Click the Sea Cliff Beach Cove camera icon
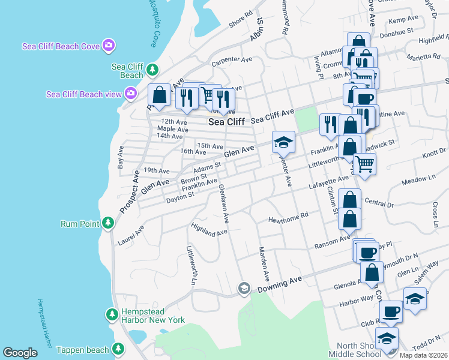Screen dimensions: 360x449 (109, 44)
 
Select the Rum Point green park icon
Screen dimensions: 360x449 (107, 223)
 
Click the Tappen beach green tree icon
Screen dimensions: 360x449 (118, 348)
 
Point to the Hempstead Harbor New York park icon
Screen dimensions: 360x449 (112, 314)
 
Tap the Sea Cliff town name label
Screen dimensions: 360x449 (226, 121)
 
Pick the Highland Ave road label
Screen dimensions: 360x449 (209, 229)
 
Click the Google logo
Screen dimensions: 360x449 (20, 353)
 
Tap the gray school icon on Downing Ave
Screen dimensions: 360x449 (244, 289)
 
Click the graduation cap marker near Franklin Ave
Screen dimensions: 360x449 (283, 142)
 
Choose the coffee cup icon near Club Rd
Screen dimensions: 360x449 (391, 311)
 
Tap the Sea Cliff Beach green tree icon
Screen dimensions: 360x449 (152, 70)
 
